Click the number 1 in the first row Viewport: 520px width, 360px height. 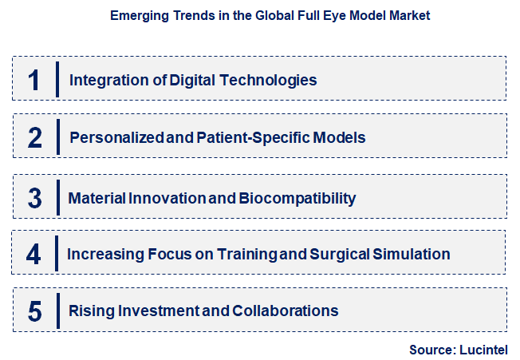pos(34,80)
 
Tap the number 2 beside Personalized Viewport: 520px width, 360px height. pos(34,138)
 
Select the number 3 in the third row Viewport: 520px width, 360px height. pos(34,197)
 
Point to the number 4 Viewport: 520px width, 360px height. pos(33,255)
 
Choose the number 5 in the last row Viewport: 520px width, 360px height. pos(34,311)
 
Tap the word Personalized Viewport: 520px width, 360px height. pos(117,137)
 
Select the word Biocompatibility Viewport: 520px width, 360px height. pos(297,198)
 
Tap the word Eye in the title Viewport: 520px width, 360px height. pos(322,16)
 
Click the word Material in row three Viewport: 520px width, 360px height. pos(95,198)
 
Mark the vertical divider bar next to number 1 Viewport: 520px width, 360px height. pos(57,79)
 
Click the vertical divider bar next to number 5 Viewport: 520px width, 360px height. pos(57,311)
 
